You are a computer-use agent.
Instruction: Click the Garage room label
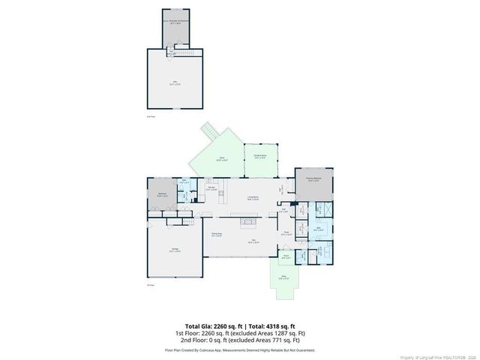[174, 250]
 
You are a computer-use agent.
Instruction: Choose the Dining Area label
[216, 235]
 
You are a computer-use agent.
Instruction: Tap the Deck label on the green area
[220, 160]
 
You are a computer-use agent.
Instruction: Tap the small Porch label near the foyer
[286, 256]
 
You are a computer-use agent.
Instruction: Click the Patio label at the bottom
[284, 277]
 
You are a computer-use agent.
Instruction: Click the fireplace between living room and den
[248, 221]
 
